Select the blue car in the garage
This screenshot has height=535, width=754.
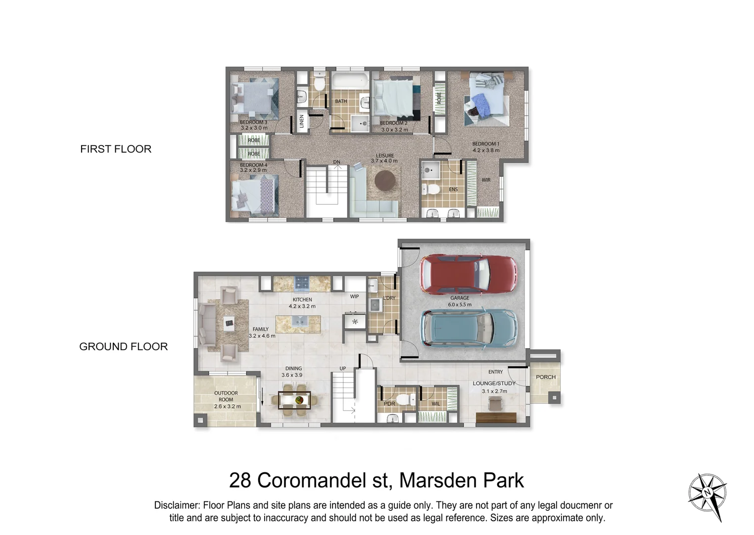[x=468, y=327]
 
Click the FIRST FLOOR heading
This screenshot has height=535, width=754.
[x=116, y=149]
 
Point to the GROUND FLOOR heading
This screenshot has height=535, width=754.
[x=123, y=347]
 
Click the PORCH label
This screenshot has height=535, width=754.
[x=546, y=377]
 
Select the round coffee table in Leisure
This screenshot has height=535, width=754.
[x=385, y=180]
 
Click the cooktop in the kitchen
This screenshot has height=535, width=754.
[x=302, y=284]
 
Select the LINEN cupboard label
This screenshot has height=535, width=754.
[x=302, y=121]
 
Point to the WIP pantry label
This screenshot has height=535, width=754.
[x=354, y=297]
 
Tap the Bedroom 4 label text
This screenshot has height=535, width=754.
[x=253, y=165]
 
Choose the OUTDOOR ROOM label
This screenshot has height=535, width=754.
[x=226, y=396]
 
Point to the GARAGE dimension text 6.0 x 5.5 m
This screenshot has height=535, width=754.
[x=460, y=305]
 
